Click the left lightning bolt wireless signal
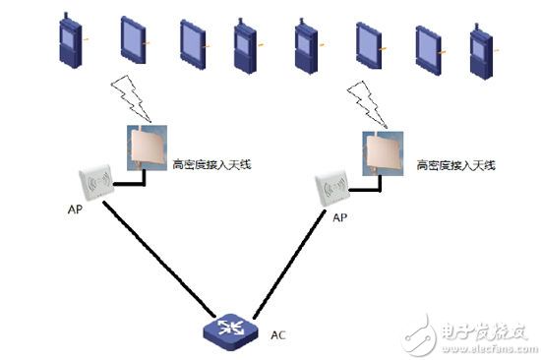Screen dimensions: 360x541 click(x=133, y=97)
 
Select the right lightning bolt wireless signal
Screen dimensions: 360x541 click(x=366, y=97)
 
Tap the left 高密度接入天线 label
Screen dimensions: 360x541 click(x=210, y=164)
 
